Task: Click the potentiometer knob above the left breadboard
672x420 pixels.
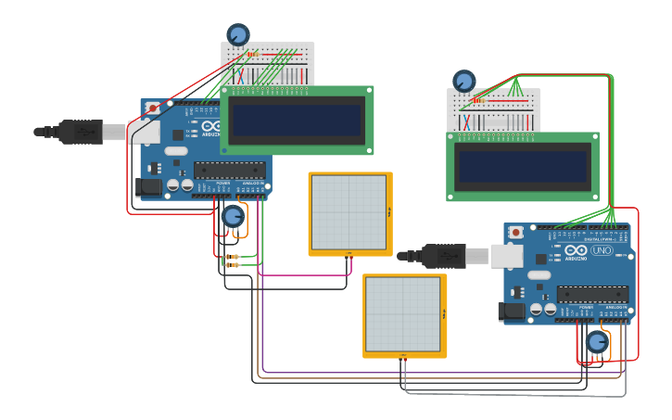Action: tap(238, 35)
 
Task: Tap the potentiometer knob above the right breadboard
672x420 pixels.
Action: tap(463, 82)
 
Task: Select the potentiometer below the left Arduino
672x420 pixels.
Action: tap(233, 217)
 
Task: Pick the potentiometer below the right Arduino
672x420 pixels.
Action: tap(597, 344)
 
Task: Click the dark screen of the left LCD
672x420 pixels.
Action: tap(297, 120)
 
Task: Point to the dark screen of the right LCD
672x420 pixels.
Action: tap(523, 167)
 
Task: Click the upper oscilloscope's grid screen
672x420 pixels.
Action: tap(349, 212)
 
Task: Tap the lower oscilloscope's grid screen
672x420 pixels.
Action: tap(403, 314)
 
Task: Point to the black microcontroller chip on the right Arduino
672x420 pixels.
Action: tap(592, 295)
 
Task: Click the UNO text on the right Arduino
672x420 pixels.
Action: tap(602, 251)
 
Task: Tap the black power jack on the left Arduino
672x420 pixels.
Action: tap(149, 186)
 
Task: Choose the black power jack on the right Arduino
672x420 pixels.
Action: tap(512, 312)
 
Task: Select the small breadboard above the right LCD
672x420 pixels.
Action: tap(495, 110)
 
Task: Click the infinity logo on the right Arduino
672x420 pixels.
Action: tap(576, 251)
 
